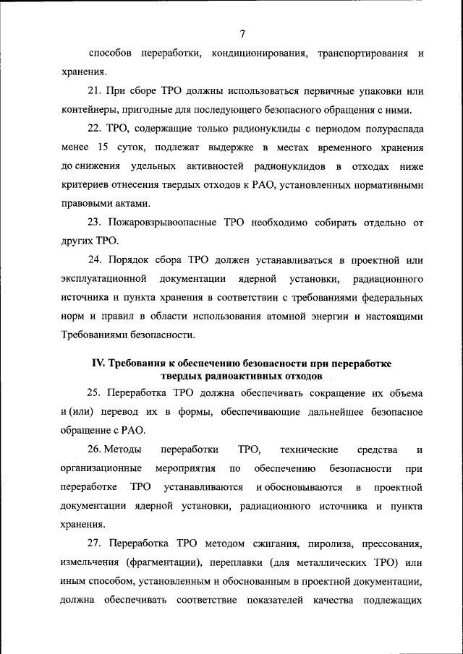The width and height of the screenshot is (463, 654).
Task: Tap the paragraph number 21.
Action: click(94, 92)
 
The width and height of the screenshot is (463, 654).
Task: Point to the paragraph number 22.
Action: click(94, 129)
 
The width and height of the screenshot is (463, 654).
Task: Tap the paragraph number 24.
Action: click(94, 260)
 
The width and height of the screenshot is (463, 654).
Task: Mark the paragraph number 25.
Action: click(94, 394)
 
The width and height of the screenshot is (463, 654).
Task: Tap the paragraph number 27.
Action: click(94, 543)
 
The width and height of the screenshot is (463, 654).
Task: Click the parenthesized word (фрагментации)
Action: click(163, 562)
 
